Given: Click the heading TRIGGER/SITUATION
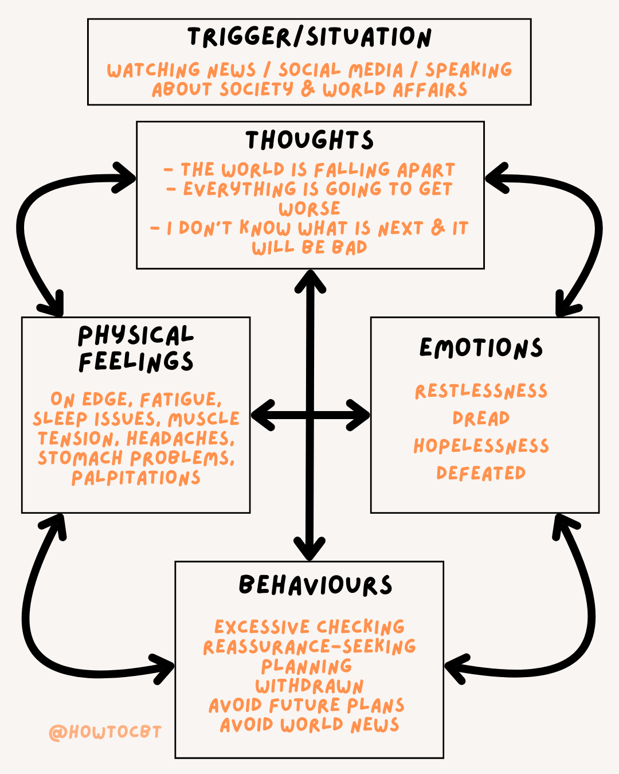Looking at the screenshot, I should (309, 37).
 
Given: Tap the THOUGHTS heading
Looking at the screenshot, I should (309, 140).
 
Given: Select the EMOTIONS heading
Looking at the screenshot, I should (481, 348).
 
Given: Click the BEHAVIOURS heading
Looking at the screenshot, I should (315, 585).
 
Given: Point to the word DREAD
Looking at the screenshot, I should (481, 419).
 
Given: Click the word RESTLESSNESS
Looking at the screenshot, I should (481, 391).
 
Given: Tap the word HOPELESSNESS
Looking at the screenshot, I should (481, 446).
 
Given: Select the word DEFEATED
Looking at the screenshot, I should (481, 474).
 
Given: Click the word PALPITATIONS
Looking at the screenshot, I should (136, 478).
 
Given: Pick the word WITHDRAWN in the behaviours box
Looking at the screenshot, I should (309, 686).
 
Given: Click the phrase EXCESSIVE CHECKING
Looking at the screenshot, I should (309, 627).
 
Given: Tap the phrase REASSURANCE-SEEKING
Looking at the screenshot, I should (309, 647).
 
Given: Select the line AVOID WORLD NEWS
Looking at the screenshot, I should (309, 725).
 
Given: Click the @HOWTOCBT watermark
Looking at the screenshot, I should (105, 732).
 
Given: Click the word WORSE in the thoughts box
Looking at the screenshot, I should (309, 208).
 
